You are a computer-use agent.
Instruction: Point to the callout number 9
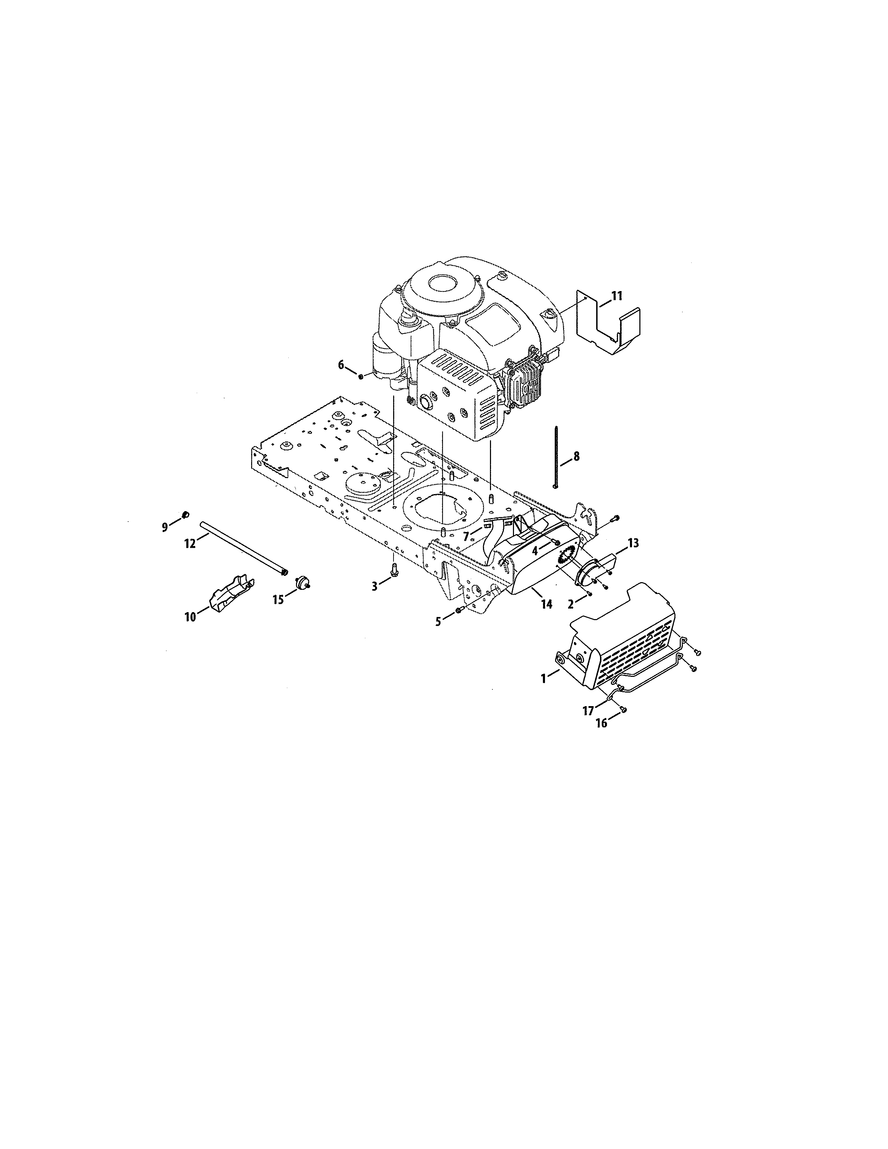(165, 526)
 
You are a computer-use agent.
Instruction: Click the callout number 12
(189, 544)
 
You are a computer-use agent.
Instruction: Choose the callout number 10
(190, 617)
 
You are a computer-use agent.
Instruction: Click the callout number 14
(547, 604)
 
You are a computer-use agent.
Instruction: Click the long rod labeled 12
(242, 547)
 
